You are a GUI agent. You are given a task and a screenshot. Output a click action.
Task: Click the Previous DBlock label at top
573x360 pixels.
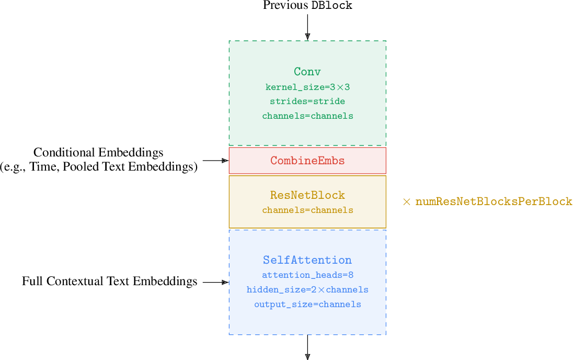pyautogui.click(x=307, y=6)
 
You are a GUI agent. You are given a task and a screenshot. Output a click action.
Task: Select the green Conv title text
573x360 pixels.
pyautogui.click(x=307, y=72)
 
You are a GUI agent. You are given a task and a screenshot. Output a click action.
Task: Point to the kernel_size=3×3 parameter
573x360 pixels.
pyautogui.click(x=307, y=87)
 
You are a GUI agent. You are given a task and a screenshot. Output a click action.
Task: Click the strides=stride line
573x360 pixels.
pyautogui.click(x=307, y=101)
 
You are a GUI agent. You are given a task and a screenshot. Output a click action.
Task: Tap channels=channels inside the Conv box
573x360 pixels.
pyautogui.click(x=307, y=116)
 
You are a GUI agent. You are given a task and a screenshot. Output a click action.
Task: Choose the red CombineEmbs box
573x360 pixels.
pyautogui.click(x=307, y=161)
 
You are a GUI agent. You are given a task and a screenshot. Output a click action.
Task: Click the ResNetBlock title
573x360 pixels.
pyautogui.click(x=307, y=195)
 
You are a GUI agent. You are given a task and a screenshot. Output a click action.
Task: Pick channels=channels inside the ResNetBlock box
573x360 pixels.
pyautogui.click(x=307, y=210)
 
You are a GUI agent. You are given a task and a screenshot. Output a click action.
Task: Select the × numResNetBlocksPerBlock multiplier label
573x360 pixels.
pyautogui.click(x=487, y=201)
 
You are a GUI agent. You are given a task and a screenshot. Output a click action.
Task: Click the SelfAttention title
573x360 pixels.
pyautogui.click(x=307, y=260)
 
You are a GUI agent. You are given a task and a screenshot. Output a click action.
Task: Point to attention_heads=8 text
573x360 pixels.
pyautogui.click(x=307, y=275)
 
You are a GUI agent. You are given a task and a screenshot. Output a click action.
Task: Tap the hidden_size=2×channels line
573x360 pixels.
pyautogui.click(x=307, y=289)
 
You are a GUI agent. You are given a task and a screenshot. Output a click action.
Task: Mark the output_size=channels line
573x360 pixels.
pyautogui.click(x=307, y=304)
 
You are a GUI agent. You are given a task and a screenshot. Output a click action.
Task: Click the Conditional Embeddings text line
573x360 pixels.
pyautogui.click(x=98, y=152)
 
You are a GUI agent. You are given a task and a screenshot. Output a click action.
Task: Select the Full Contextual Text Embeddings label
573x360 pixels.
pyautogui.click(x=109, y=282)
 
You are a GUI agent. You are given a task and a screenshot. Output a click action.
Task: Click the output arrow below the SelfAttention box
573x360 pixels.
pyautogui.click(x=307, y=347)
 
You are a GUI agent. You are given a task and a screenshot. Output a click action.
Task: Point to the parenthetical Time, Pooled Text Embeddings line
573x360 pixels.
pyautogui.click(x=99, y=167)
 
